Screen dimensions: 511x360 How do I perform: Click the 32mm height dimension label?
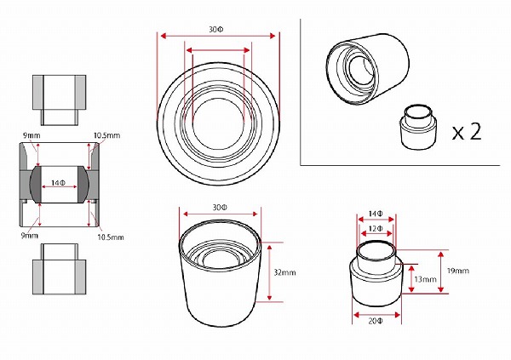pos(284,272)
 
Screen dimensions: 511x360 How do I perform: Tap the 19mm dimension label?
pos(458,271)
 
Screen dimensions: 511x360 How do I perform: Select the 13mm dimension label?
pos(425,279)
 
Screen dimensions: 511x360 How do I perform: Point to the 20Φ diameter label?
pos(376,321)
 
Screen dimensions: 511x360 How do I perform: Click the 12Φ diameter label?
pos(376,229)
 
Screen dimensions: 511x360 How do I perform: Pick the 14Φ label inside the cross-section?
pos(58,183)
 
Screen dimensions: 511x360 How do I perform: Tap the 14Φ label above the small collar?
pos(376,214)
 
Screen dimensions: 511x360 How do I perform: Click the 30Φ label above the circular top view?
pos(216,30)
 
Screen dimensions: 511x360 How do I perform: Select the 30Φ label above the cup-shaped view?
pos(220,208)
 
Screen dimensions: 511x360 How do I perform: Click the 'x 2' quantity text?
pos(467,132)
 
